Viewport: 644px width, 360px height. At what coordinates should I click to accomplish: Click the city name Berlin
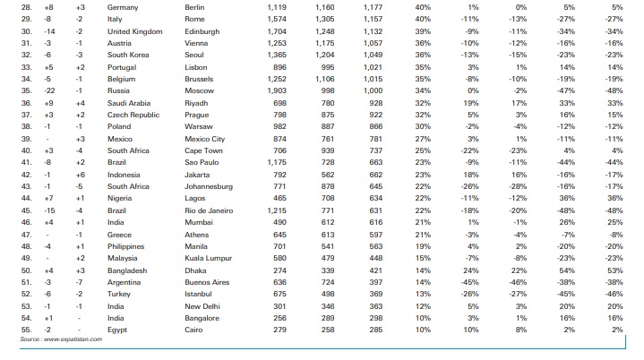[x=194, y=7]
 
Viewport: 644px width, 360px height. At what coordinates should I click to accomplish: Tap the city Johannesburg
[x=207, y=186]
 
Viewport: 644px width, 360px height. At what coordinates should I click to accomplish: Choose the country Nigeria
[x=119, y=198]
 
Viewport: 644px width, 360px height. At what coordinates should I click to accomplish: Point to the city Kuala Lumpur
[x=206, y=258]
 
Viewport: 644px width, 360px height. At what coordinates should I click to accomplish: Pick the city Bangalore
[x=201, y=318]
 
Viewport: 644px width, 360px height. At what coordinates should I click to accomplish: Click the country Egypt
[x=116, y=330]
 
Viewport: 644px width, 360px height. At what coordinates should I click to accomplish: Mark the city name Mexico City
[x=204, y=139]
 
